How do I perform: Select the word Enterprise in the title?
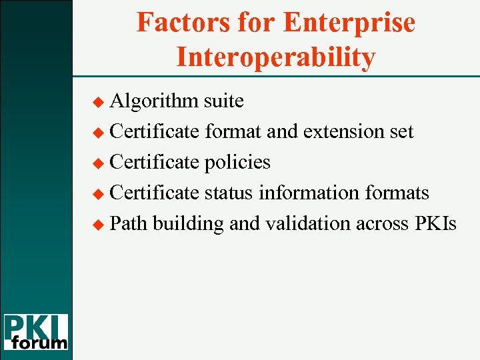(348, 23)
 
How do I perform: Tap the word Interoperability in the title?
(275, 57)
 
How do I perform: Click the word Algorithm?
(154, 101)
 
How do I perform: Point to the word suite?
(223, 101)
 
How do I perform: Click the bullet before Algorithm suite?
(101, 102)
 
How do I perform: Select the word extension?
(343, 131)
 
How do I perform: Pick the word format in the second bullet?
(233, 131)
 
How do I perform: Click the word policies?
(237, 162)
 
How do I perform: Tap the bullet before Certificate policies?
(101, 163)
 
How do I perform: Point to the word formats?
(397, 193)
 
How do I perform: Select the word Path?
(129, 223)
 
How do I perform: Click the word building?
(188, 224)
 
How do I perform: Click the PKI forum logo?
(35, 331)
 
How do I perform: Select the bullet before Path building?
(101, 225)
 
